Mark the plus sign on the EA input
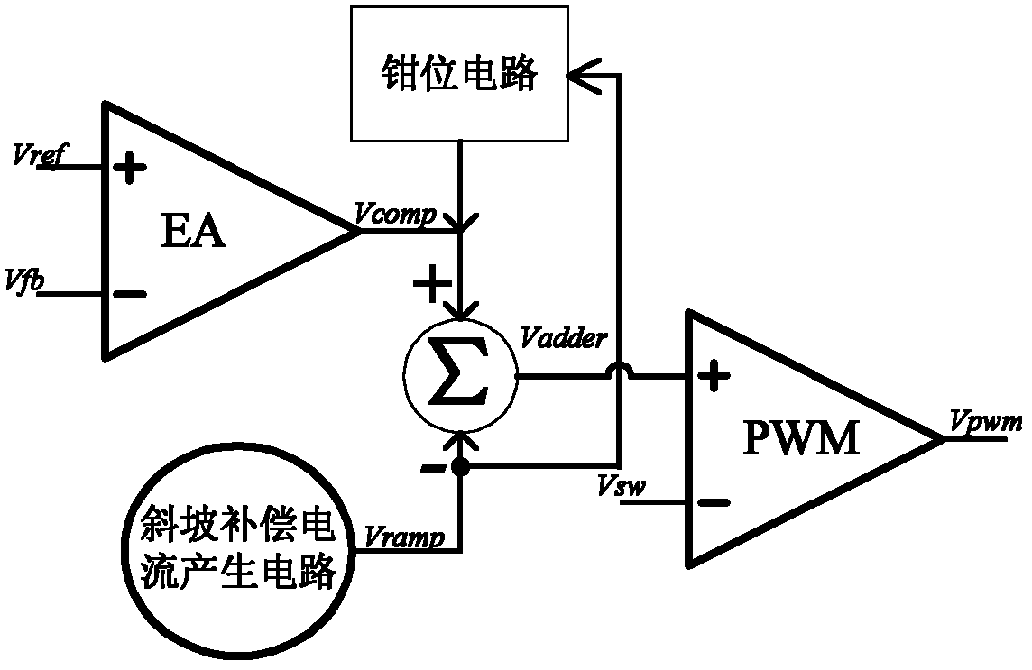130,168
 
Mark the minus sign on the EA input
130,294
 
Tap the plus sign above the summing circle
429,286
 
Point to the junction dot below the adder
461,467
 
